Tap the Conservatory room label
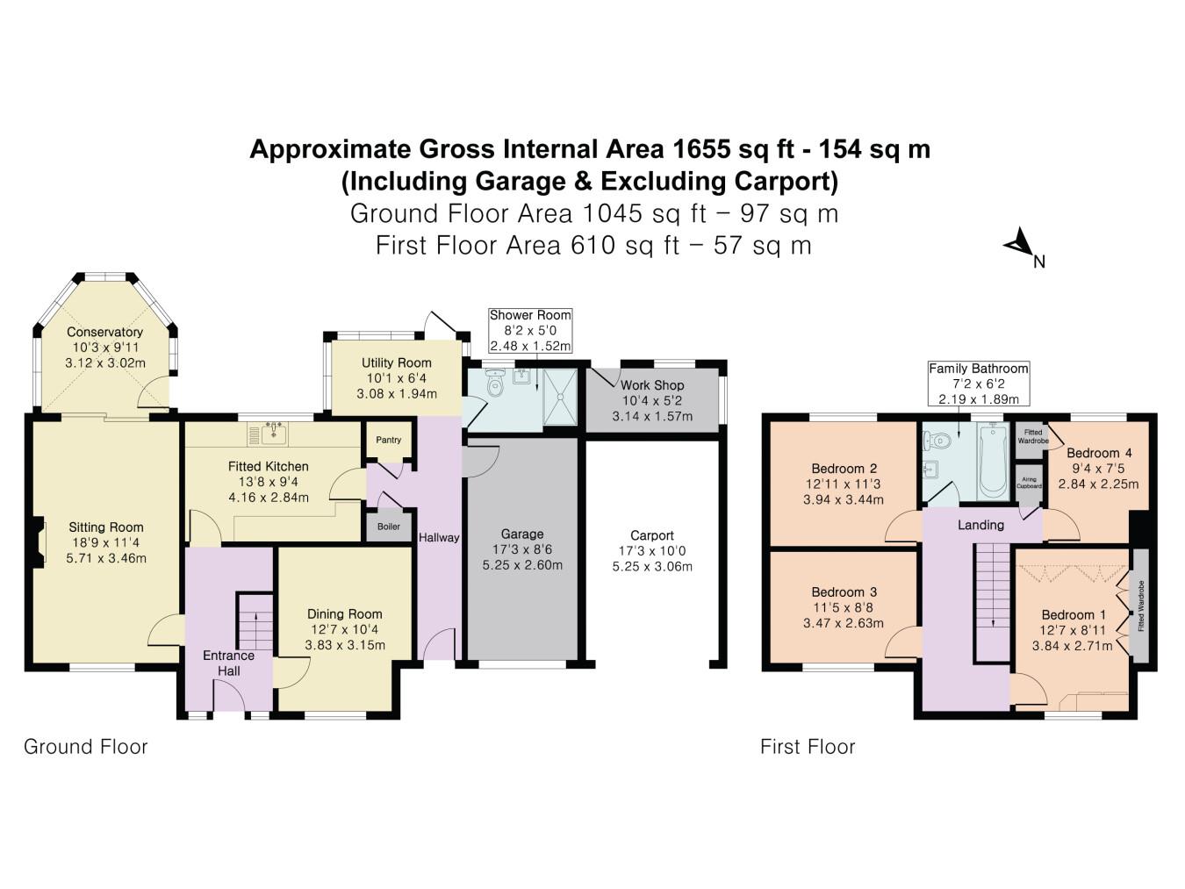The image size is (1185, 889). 104,333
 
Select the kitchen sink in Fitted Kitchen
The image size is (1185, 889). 274,433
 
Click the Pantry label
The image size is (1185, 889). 388,440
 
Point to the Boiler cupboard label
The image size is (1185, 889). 388,527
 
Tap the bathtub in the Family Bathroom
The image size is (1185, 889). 993,461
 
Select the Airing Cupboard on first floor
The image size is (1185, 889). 1029,483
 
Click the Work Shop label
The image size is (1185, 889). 651,385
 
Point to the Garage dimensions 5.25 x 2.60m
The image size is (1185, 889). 522,565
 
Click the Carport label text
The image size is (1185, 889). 651,535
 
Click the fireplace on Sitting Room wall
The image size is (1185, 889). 38,545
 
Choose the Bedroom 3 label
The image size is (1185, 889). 844,592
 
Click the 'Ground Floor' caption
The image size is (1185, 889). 85,747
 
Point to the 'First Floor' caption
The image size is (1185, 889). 807,747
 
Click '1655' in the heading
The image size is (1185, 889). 700,149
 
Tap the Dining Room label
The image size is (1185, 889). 344,614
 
